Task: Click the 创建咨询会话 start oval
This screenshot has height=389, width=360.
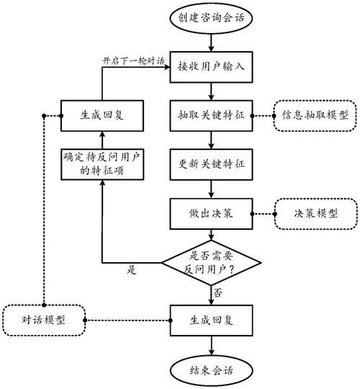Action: tap(210, 17)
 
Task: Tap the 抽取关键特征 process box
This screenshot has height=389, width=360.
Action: tap(210, 115)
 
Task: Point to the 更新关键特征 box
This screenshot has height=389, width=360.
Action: tap(210, 164)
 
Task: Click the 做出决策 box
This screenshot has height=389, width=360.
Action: tap(210, 213)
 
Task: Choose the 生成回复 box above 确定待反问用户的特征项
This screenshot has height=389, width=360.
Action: tap(101, 115)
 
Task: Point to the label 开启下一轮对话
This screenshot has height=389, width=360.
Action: tap(134, 59)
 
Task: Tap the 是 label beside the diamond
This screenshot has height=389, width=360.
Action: tap(132, 272)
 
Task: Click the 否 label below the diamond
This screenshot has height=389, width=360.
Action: tap(218, 292)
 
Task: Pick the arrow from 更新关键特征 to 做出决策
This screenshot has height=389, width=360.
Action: tap(210, 188)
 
